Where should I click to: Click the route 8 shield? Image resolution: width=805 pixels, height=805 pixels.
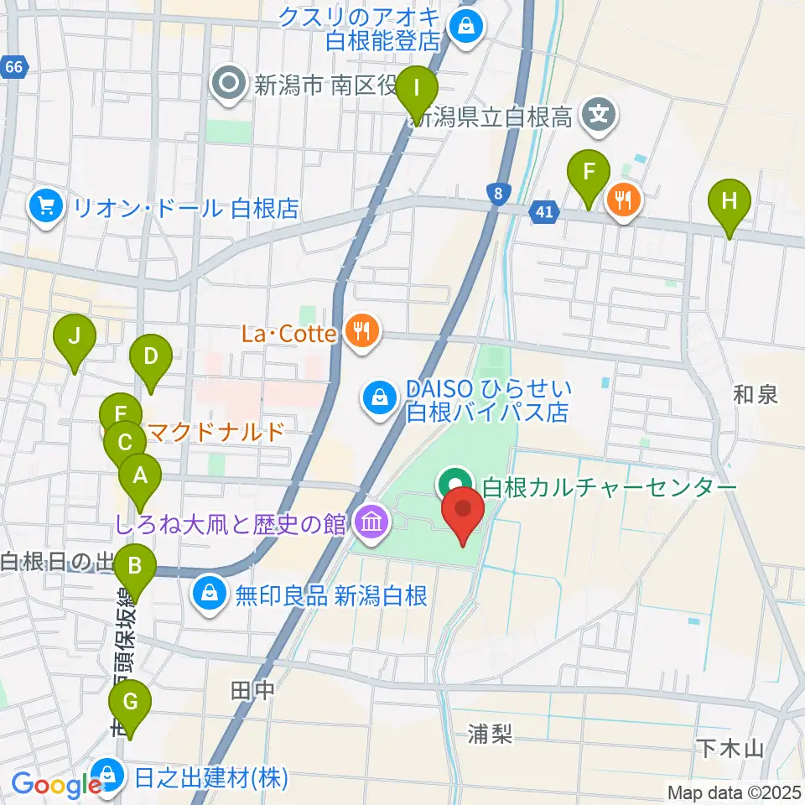point(499,194)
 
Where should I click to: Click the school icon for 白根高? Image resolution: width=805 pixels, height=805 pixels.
point(600,113)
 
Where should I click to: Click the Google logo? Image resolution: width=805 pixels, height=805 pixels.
point(56,786)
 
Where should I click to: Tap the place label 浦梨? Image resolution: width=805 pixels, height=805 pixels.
point(491,735)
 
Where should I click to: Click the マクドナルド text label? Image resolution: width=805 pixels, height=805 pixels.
point(216,432)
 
